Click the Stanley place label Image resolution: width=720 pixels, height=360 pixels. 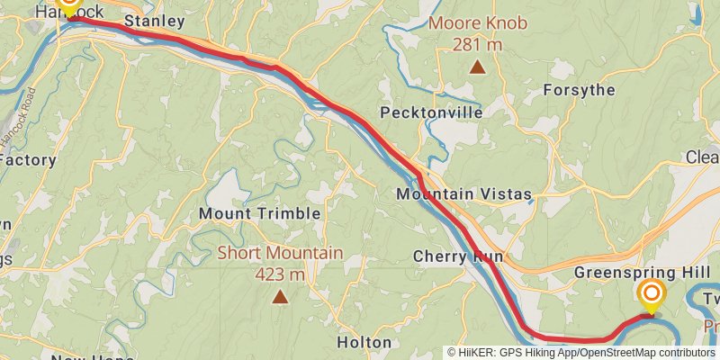coord(155,21)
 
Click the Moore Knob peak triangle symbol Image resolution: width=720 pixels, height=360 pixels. coord(477,66)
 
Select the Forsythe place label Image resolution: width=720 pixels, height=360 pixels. coord(580,90)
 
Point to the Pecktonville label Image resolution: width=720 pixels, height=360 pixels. coord(431,112)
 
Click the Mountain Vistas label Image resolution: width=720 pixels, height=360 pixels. coord(464,194)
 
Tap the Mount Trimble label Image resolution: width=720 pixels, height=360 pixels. coord(259,213)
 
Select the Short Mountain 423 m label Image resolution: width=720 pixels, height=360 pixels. coord(280,263)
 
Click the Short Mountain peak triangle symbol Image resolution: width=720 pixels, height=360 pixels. coord(280,296)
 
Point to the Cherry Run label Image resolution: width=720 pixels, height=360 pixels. coord(457,256)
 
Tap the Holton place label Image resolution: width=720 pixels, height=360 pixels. coord(364,342)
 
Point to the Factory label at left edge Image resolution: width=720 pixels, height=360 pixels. coord(28,160)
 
